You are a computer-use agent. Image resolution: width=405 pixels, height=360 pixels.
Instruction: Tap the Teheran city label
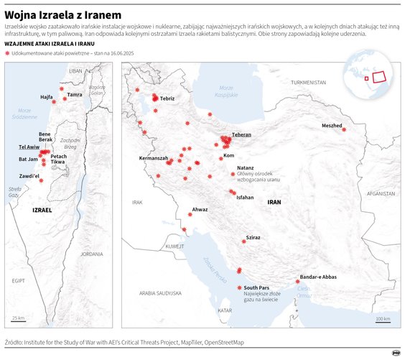point(241,135)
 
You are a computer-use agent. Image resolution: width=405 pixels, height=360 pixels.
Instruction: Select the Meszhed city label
point(332,126)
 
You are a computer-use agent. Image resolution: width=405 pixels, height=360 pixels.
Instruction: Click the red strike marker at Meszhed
point(344,130)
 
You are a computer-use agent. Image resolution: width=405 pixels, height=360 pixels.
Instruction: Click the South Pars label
point(256,287)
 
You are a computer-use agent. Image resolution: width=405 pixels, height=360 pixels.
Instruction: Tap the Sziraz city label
point(253,236)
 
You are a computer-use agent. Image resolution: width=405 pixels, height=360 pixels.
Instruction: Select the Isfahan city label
point(245,197)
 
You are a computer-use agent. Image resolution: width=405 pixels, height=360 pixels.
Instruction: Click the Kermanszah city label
point(154,157)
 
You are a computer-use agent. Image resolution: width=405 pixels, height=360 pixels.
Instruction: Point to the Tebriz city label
point(167,98)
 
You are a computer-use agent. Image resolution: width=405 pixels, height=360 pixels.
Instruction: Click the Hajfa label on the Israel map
point(47,97)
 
